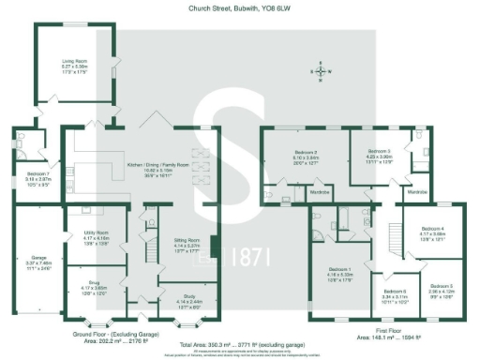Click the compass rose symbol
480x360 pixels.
(x=321, y=70)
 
